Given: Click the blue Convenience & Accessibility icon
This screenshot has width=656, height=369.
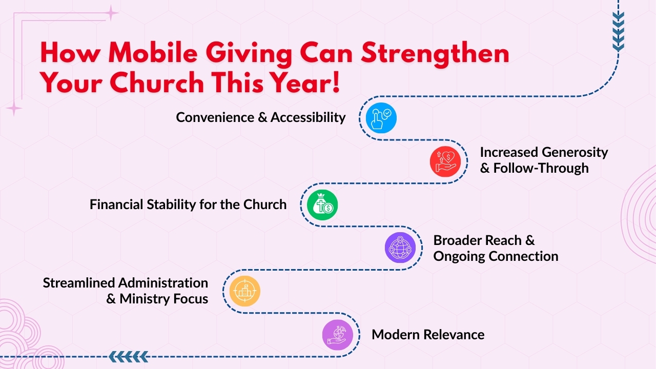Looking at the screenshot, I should [381, 118].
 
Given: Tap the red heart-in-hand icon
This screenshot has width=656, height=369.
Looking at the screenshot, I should [445, 161].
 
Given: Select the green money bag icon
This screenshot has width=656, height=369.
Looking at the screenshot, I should [322, 205].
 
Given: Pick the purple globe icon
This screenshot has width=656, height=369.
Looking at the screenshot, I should [400, 248].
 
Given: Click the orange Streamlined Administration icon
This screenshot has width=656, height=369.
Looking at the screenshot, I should [244, 291].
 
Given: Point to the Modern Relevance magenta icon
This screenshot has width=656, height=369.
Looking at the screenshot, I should [338, 335].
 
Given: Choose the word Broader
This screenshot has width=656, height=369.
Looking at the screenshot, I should [463, 240].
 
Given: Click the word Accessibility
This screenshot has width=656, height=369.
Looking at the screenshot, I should [308, 117].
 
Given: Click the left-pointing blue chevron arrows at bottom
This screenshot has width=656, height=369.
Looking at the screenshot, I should [129, 356].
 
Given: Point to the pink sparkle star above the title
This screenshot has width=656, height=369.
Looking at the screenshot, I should [111, 13].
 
